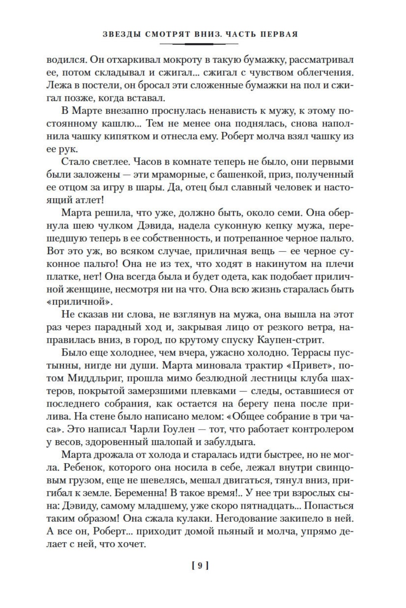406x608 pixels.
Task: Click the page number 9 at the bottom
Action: coord(200,565)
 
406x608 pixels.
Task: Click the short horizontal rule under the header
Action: coord(200,44)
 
